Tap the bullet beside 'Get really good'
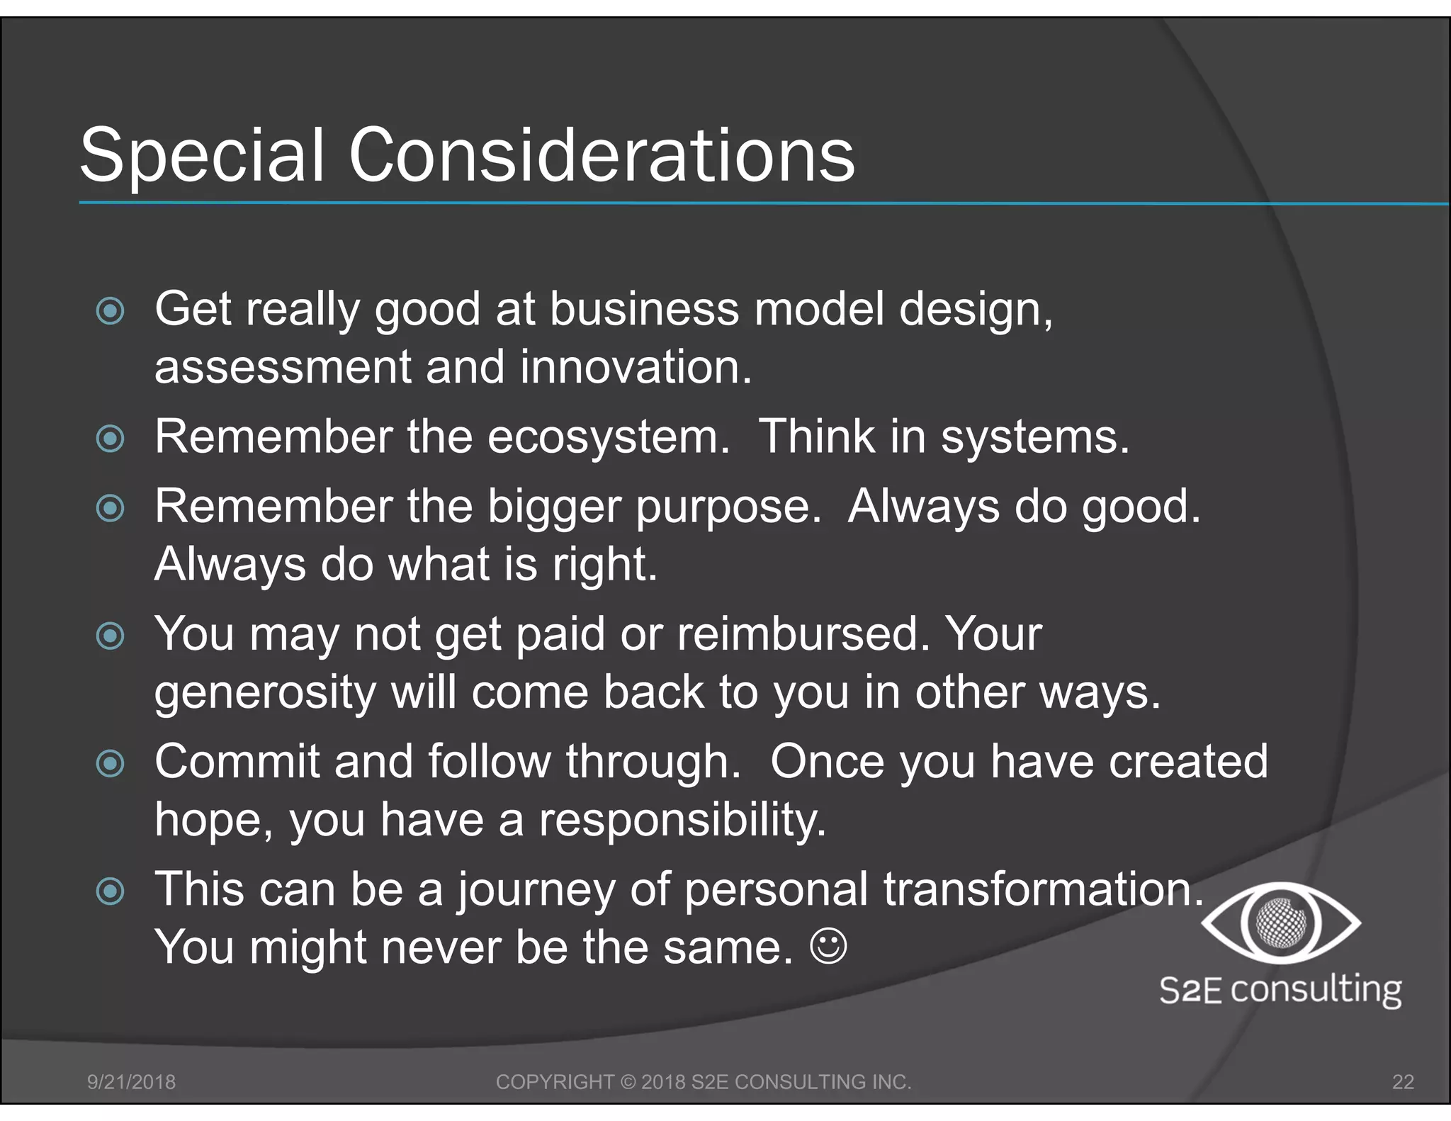110,310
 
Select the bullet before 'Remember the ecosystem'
110,439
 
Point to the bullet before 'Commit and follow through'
110,763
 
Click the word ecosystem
608,437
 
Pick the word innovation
635,368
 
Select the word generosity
265,694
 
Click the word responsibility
682,820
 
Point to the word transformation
1043,889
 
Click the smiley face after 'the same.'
828,947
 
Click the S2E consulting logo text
1280,989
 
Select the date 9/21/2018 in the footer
131,1082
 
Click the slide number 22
1403,1082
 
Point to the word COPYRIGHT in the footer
555,1082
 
